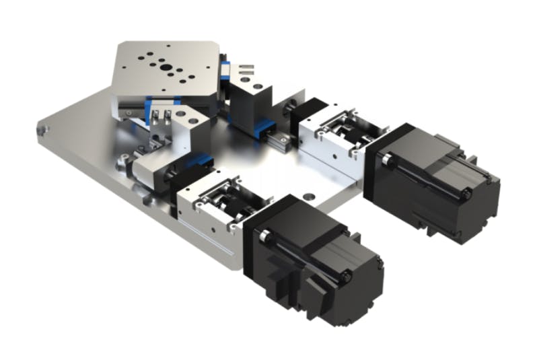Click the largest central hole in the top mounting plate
click(x=162, y=67)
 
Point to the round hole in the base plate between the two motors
click(x=309, y=197)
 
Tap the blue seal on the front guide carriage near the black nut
click(x=195, y=161)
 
